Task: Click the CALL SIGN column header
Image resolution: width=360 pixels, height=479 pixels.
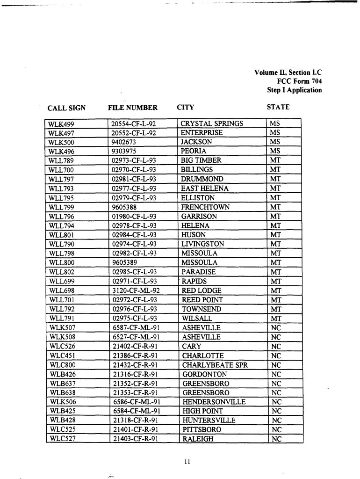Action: (66, 108)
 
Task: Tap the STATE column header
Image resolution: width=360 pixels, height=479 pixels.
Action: (278, 107)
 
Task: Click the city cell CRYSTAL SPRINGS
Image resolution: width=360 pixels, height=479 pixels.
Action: (212, 123)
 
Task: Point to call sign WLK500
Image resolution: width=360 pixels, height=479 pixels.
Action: (62, 142)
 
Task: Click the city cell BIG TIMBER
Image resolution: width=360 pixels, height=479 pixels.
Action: (201, 160)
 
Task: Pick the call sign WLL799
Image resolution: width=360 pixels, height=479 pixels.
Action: (61, 207)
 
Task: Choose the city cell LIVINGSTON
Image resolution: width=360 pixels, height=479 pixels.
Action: (202, 244)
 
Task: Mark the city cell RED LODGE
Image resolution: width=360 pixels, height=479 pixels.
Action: (202, 290)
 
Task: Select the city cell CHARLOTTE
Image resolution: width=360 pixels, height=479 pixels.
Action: (203, 356)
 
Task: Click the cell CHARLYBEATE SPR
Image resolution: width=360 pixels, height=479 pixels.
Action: (215, 365)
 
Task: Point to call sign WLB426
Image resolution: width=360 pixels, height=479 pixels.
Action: (62, 374)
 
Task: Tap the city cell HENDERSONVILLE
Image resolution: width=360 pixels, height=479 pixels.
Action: (214, 402)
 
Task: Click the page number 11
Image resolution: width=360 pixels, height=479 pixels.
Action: (187, 462)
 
